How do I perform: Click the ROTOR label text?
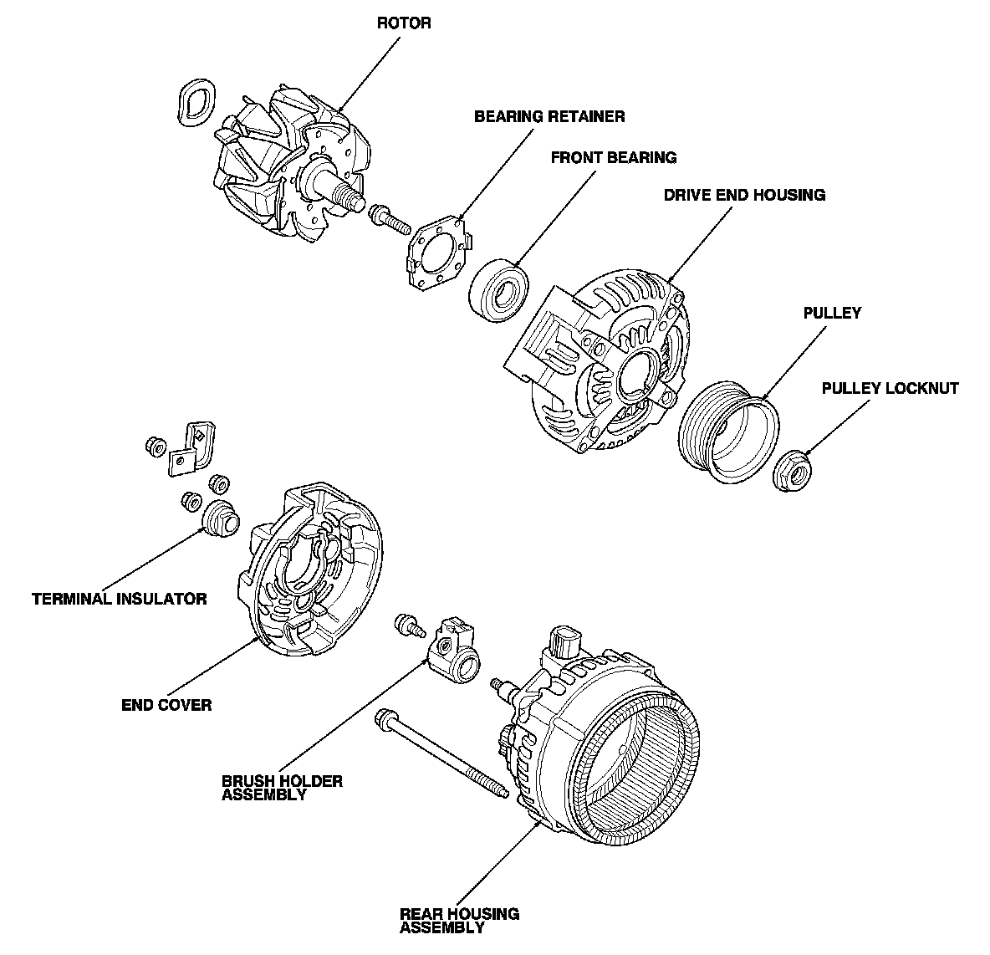pyautogui.click(x=404, y=23)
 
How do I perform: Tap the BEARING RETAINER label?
pyautogui.click(x=549, y=116)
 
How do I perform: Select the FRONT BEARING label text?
pyautogui.click(x=613, y=157)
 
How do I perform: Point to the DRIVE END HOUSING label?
pyautogui.click(x=744, y=195)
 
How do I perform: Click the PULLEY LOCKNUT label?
pyautogui.click(x=890, y=388)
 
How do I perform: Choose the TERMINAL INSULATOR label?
pyautogui.click(x=119, y=599)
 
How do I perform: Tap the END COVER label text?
pyautogui.click(x=166, y=704)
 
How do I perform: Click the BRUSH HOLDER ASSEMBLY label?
pyautogui.click(x=282, y=788)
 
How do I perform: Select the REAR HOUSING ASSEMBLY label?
pyautogui.click(x=459, y=920)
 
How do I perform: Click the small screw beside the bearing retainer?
pyautogui.click(x=388, y=217)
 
